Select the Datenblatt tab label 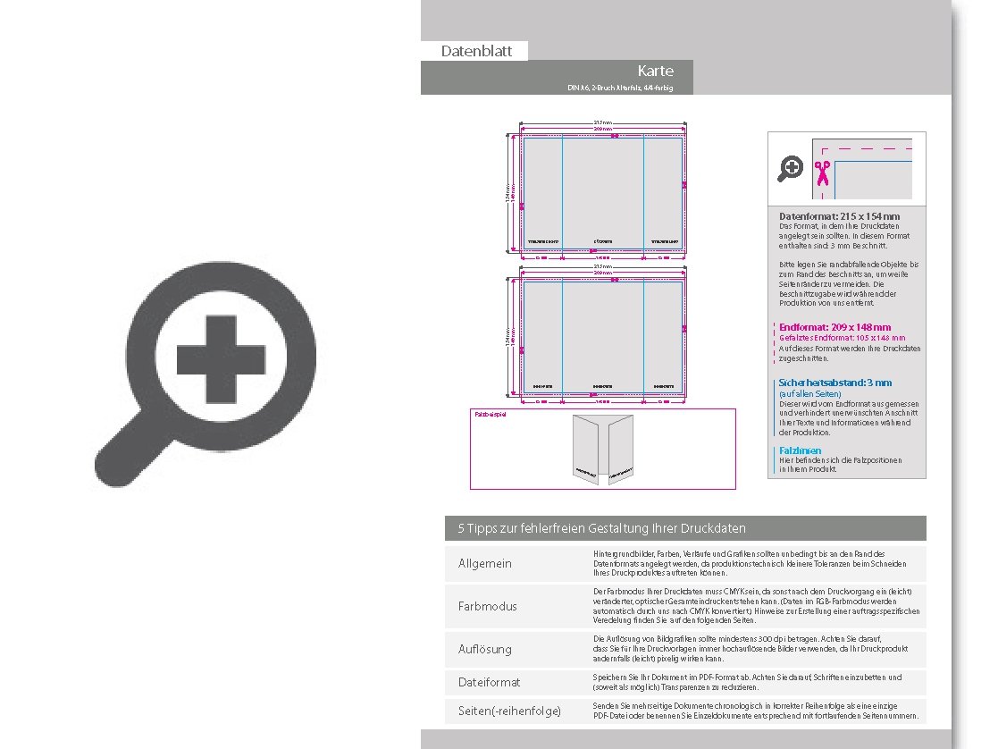[x=476, y=51]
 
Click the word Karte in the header [x=655, y=72]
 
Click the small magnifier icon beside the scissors [x=791, y=168]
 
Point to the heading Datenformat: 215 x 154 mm [x=839, y=216]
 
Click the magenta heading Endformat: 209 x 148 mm [x=834, y=327]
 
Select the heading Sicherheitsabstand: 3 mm [x=834, y=383]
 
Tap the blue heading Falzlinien [x=800, y=450]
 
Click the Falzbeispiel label [x=490, y=414]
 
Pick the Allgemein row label [x=485, y=564]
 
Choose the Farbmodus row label [x=488, y=606]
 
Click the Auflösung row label [x=485, y=649]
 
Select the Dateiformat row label [x=489, y=682]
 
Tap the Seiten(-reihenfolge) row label [x=509, y=711]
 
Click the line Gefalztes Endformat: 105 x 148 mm [x=842, y=338]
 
